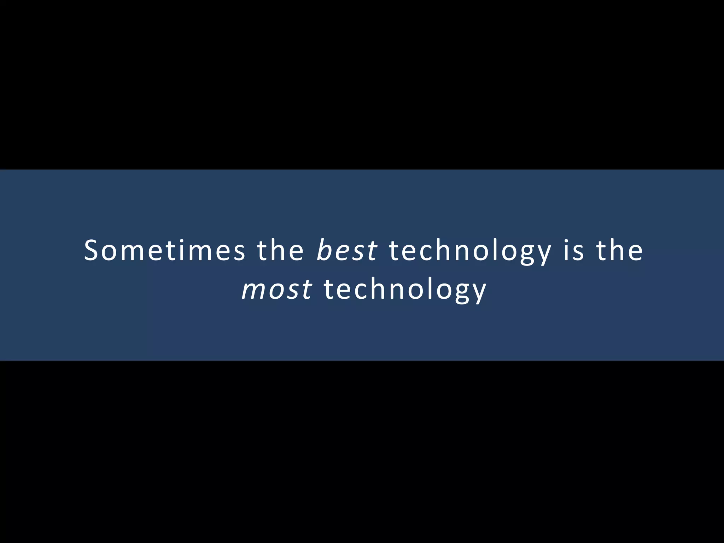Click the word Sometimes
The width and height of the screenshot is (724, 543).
click(164, 250)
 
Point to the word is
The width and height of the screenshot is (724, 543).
click(573, 250)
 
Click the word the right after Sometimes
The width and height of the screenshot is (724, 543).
click(280, 250)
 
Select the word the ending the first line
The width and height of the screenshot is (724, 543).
click(620, 250)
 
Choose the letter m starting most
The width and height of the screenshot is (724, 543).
click(252, 290)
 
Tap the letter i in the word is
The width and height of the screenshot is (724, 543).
click(566, 250)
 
